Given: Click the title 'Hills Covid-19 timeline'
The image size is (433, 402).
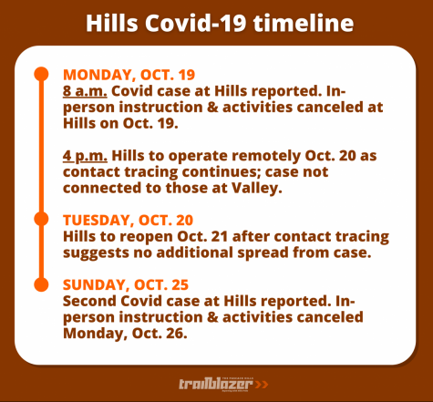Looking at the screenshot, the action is click(220, 23).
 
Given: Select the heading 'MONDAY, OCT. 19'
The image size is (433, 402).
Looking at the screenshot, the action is click(129, 75).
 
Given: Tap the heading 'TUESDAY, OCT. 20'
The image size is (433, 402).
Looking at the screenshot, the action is click(128, 221).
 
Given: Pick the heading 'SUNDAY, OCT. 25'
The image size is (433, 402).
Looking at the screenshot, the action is click(126, 284).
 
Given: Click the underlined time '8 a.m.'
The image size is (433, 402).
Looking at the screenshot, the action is click(85, 91).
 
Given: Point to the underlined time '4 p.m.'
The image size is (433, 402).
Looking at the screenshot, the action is click(85, 156).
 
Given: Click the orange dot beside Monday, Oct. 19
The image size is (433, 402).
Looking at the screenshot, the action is click(41, 74).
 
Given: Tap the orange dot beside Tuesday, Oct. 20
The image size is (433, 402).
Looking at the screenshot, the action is click(41, 219).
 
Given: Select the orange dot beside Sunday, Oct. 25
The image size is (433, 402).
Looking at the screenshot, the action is click(41, 284).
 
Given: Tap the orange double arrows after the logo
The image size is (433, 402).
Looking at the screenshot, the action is click(262, 385).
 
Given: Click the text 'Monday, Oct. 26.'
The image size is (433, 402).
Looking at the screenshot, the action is click(125, 334).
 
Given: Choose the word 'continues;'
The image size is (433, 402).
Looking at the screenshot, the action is click(220, 172).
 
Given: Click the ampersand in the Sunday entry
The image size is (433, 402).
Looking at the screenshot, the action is click(212, 317).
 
